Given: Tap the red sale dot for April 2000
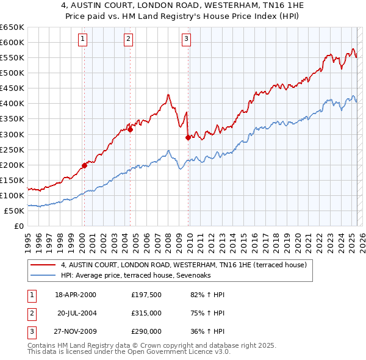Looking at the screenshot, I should [x=84, y=165].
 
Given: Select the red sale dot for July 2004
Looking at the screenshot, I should [x=130, y=129].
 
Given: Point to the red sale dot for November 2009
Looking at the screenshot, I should [x=188, y=137].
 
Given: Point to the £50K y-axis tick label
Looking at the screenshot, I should [x=14, y=211].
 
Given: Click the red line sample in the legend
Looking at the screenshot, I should [x=43, y=265].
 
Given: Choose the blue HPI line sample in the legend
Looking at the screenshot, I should [x=43, y=275].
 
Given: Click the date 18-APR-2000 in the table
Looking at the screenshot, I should [x=75, y=295].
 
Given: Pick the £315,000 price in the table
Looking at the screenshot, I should [x=146, y=314].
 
